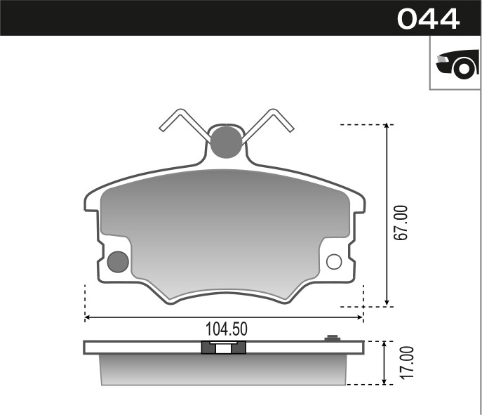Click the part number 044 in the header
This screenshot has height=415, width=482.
point(428,18)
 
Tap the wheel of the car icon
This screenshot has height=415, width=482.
point(464,67)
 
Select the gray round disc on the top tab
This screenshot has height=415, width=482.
point(225,141)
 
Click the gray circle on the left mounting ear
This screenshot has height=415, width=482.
point(118,262)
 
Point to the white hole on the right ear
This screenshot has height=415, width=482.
point(334,262)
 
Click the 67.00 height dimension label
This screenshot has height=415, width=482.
point(401,223)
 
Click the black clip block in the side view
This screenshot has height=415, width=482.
point(224,347)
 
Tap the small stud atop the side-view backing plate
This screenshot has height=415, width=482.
point(332,338)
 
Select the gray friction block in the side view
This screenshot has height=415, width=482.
point(225,369)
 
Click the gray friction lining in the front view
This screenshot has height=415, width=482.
point(225,225)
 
